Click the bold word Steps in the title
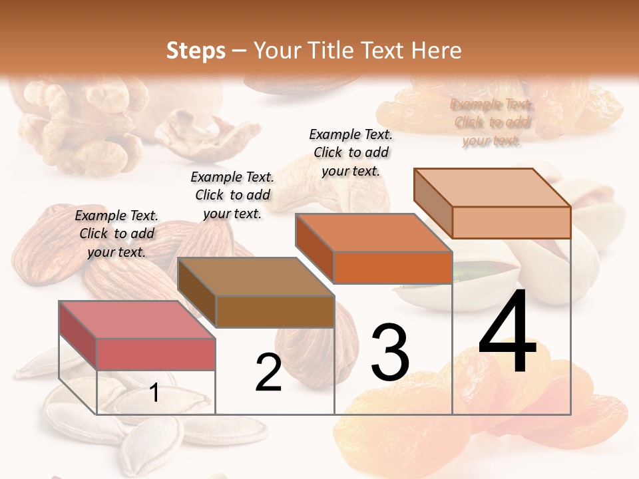point(196,51)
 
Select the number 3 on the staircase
point(390,352)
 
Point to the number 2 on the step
point(268,373)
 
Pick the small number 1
point(154,393)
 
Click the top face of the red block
point(136,319)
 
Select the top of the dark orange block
point(373,233)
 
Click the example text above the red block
point(116,234)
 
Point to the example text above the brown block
point(232,195)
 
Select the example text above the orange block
point(351,152)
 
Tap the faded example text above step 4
point(492,122)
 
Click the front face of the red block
point(156,354)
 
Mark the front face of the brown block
point(274,311)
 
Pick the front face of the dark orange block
point(393,268)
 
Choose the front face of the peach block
point(511,222)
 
